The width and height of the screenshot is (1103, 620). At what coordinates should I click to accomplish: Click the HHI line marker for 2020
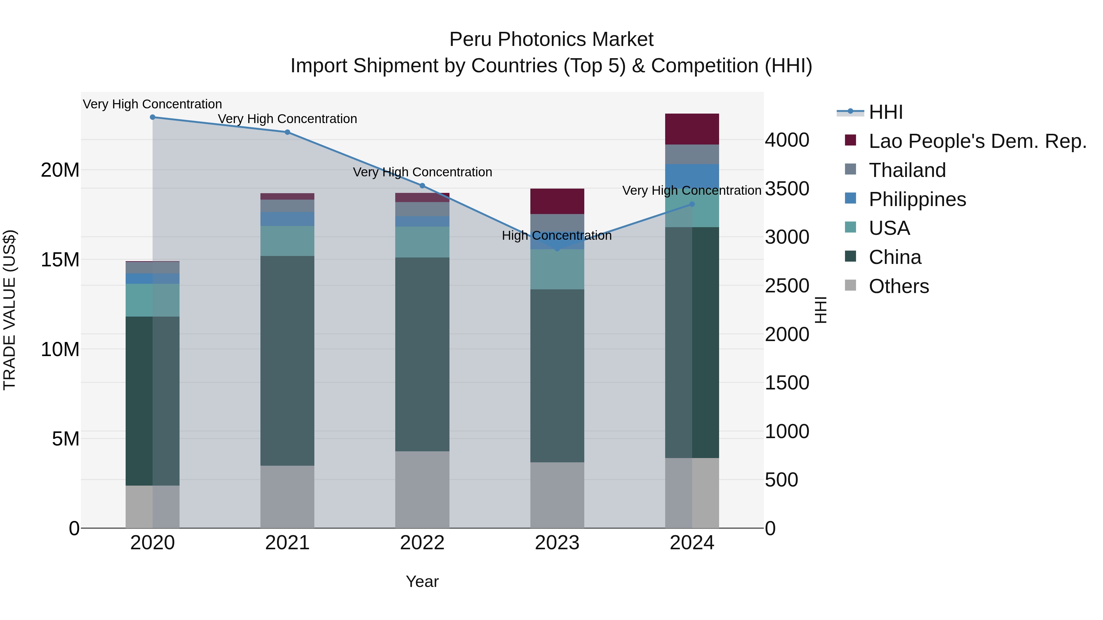[153, 117]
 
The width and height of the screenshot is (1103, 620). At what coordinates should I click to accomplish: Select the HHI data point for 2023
[557, 249]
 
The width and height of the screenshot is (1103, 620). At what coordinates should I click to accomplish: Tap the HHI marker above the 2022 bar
[422, 186]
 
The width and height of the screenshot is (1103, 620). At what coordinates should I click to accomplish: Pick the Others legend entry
[899, 286]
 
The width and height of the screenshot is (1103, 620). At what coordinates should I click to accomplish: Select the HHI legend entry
[885, 112]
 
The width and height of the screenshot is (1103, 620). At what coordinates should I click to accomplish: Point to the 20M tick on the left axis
[60, 170]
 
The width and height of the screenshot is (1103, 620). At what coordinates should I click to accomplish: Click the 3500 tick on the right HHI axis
[787, 189]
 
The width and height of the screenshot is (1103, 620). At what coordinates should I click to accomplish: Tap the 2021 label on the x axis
[287, 543]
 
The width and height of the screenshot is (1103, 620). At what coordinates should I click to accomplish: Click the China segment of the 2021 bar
[287, 360]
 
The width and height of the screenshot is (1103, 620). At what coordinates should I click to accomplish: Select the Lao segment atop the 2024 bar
[692, 129]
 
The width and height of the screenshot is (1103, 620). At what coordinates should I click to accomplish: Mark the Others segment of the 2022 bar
[422, 490]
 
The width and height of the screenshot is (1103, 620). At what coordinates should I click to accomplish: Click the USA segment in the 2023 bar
[557, 269]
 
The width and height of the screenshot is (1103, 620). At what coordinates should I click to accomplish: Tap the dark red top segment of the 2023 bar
[557, 201]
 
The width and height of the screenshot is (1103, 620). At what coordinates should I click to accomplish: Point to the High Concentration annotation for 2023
[557, 236]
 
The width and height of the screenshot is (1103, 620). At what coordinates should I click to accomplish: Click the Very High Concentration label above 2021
[287, 119]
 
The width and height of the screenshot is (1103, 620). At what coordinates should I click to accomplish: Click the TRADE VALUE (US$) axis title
[9, 310]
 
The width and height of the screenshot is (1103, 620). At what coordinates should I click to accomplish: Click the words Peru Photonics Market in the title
[551, 39]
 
